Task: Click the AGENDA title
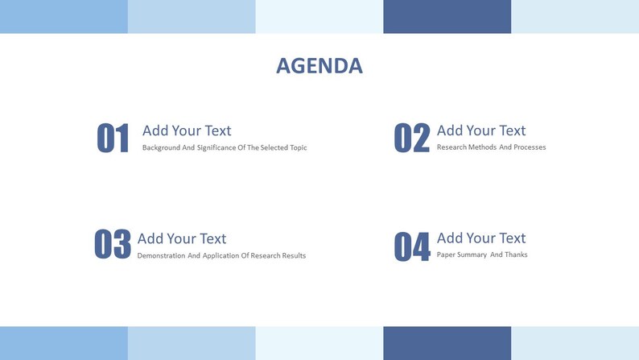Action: click(319, 65)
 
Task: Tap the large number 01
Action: click(113, 139)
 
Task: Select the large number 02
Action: click(411, 139)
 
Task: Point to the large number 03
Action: click(113, 244)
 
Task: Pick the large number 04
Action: click(411, 246)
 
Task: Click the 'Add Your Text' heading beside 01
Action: click(187, 130)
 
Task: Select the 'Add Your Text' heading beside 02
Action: click(481, 130)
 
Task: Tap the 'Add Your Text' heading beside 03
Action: click(182, 238)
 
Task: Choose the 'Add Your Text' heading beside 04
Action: click(481, 238)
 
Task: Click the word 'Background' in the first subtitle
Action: click(161, 148)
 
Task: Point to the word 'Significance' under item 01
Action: click(216, 148)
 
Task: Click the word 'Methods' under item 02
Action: click(480, 147)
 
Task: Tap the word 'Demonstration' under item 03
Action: click(161, 256)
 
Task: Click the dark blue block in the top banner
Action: click(447, 16)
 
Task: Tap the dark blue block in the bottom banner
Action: click(447, 343)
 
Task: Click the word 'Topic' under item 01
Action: click(297, 148)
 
